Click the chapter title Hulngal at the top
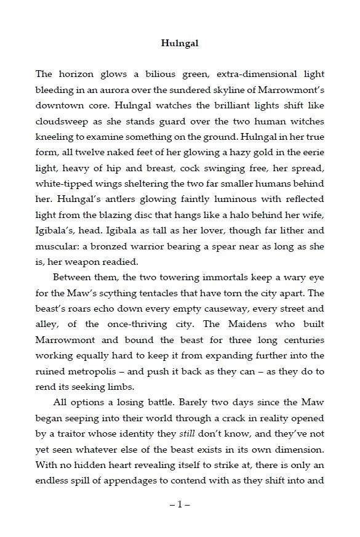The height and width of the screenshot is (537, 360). [180, 43]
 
